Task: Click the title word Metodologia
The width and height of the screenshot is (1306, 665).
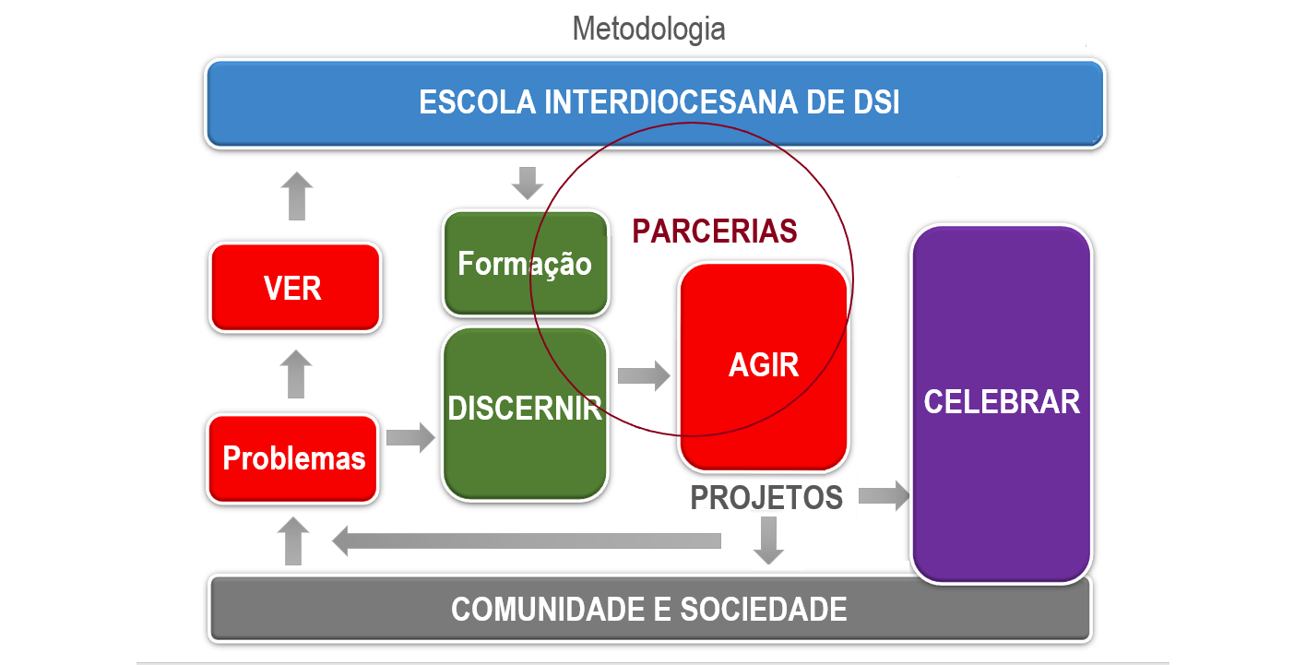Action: tap(648, 30)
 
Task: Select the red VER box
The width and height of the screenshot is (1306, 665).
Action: tap(295, 288)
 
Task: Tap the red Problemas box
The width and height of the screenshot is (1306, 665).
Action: tap(293, 458)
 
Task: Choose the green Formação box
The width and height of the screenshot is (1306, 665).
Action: tap(526, 264)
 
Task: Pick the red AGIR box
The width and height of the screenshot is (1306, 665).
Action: tap(764, 366)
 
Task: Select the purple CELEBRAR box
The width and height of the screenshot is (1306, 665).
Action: tap(1002, 403)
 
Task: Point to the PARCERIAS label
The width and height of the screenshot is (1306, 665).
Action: tap(714, 231)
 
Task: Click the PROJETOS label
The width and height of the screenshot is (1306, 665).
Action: tap(766, 497)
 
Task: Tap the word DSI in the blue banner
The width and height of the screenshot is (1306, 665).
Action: tap(875, 102)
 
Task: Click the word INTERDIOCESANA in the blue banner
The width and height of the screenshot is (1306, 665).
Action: tap(671, 102)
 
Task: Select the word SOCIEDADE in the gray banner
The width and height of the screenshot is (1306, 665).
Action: tap(763, 609)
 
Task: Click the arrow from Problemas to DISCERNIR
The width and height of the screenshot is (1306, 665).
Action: tap(410, 436)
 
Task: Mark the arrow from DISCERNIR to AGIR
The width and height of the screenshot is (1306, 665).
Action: tap(644, 375)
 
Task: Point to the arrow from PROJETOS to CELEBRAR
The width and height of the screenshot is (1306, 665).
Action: tap(884, 496)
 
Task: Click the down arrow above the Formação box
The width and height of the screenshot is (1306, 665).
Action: tap(527, 183)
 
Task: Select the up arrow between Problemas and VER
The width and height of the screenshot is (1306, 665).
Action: tap(296, 374)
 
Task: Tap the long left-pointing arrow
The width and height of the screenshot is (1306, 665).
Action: tap(527, 540)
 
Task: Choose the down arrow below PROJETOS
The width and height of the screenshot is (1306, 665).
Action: tap(768, 540)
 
